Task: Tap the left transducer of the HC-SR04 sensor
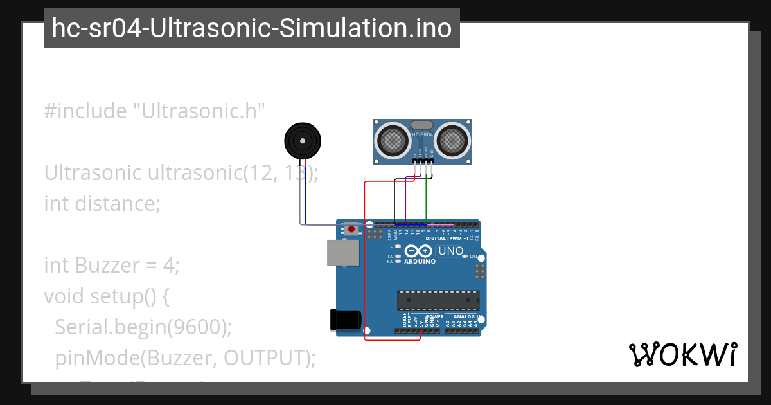pos(391,139)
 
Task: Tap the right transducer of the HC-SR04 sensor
pos(453,139)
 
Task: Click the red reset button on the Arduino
pos(351,228)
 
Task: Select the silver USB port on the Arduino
pos(342,253)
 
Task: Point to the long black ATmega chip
pos(438,300)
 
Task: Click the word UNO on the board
pos(450,251)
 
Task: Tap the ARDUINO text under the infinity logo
pos(420,262)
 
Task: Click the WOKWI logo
pos(682,355)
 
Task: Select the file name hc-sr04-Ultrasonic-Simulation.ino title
pos(252,28)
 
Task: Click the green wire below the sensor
pos(427,199)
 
